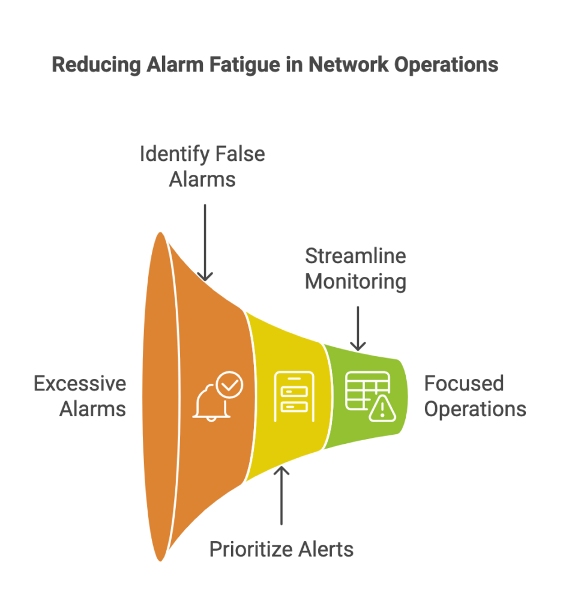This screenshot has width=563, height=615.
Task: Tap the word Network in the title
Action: point(349,65)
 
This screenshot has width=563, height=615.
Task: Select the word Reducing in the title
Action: point(97,65)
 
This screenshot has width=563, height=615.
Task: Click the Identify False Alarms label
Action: point(202,166)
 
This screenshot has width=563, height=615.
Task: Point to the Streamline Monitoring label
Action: point(355,269)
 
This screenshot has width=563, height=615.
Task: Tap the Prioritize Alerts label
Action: point(281,549)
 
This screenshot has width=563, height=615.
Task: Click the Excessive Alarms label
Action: point(80,396)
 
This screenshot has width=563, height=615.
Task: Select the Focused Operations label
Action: point(475,396)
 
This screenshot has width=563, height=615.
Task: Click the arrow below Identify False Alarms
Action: point(205,243)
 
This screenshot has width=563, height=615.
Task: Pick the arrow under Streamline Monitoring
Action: point(358,329)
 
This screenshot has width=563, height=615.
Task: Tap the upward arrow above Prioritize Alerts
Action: point(281,495)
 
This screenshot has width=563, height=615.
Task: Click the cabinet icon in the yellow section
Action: point(294,396)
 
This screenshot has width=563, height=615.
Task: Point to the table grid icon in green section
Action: point(367,390)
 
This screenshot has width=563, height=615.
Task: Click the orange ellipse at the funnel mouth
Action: point(160,396)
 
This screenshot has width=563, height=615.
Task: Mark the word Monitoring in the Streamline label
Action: point(355,282)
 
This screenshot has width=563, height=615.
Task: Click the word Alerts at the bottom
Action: point(326,549)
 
